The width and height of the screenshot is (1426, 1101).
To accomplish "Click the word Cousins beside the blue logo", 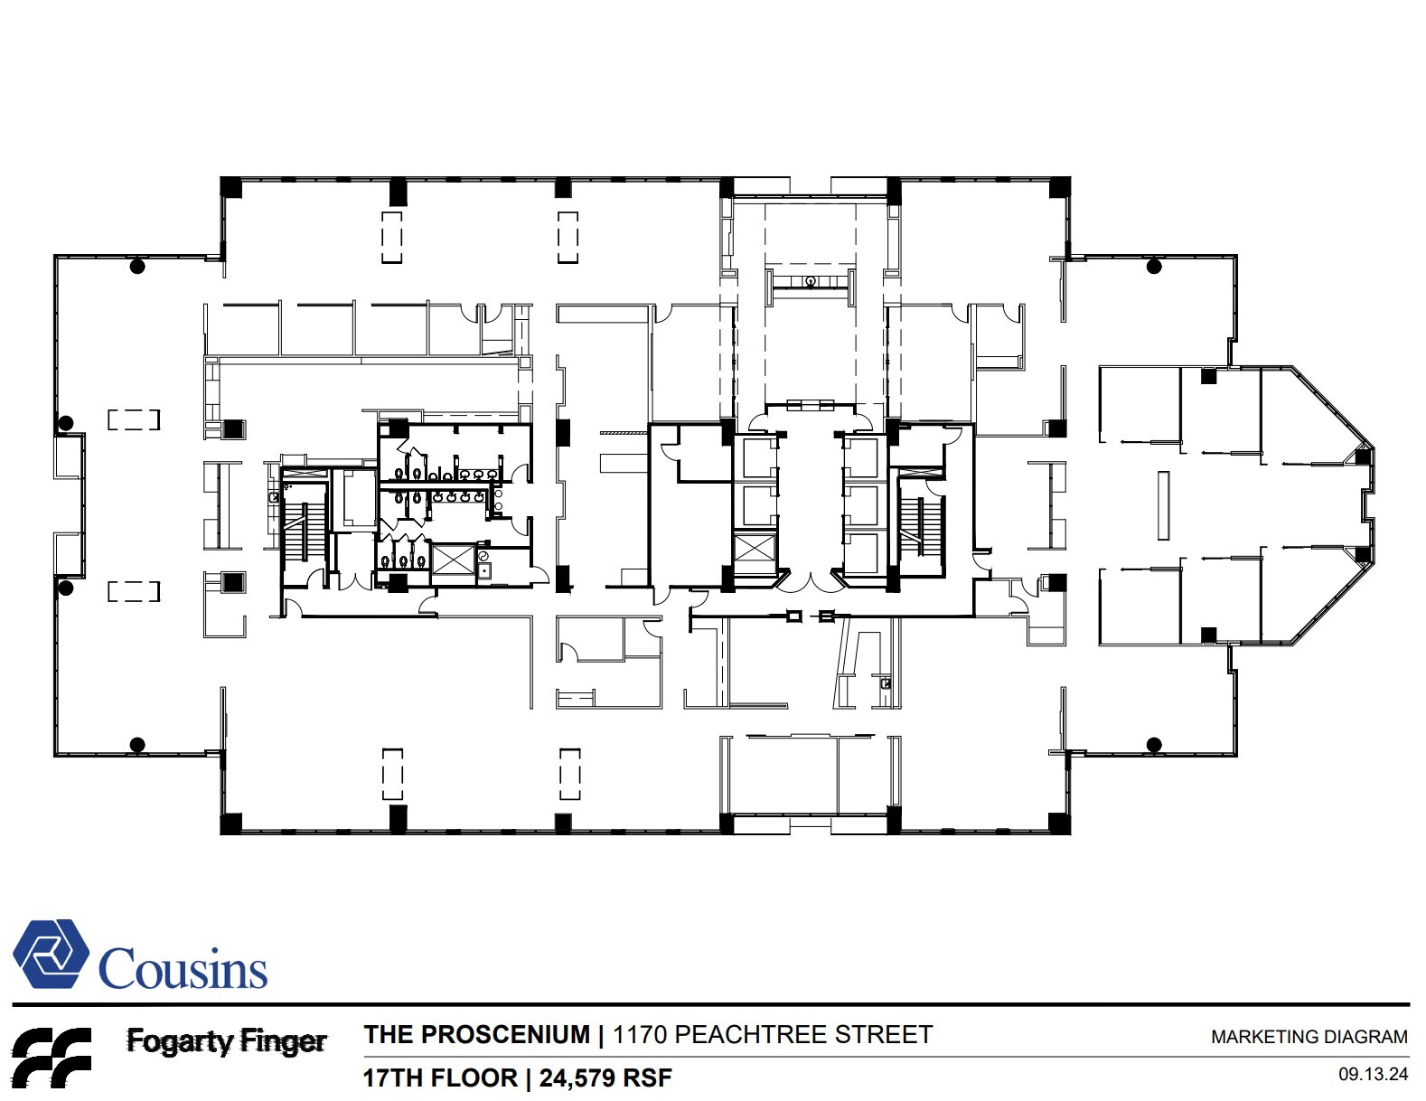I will pyautogui.click(x=183, y=969).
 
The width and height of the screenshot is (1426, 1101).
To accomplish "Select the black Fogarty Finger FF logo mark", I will pyautogui.click(x=51, y=1056).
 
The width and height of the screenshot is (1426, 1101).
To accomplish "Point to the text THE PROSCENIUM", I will pyautogui.click(x=476, y=1035).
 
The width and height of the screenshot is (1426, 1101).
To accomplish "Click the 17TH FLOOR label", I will pyautogui.click(x=440, y=1077).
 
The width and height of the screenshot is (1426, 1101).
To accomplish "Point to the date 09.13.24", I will pyautogui.click(x=1373, y=1075).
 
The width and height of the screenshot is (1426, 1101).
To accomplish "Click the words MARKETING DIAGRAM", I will pyautogui.click(x=1309, y=1038).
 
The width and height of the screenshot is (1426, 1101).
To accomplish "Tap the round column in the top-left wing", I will pyautogui.click(x=137, y=266).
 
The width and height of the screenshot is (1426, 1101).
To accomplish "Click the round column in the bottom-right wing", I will pyautogui.click(x=1153, y=745).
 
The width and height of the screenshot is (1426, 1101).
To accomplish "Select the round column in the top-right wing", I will pyautogui.click(x=1153, y=266).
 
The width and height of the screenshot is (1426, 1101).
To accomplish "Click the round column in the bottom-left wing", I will pyautogui.click(x=137, y=745).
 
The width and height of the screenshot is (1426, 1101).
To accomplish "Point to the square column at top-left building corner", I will pyautogui.click(x=231, y=187).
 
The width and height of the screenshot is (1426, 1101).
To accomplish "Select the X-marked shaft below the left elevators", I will pyautogui.click(x=755, y=550).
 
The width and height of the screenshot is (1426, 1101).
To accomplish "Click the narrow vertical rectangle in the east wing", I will pyautogui.click(x=1163, y=505).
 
